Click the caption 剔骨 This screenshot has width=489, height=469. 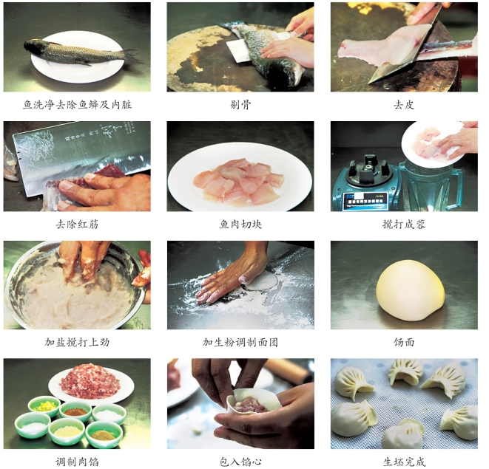(x=240, y=105)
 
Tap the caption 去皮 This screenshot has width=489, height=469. (x=404, y=105)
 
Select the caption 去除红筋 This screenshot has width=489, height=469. (x=77, y=225)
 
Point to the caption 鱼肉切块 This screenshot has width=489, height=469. (x=240, y=225)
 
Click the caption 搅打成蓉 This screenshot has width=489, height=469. (x=404, y=225)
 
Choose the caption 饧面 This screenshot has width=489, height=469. (x=404, y=342)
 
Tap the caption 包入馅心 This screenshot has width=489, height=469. (x=240, y=461)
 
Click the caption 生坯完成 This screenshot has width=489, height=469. (x=404, y=461)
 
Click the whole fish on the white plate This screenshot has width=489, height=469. (x=81, y=52)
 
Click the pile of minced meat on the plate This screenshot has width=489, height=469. (x=90, y=382)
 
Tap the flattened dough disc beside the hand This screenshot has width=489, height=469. (x=261, y=281)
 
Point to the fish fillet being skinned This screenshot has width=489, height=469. (x=387, y=47)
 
